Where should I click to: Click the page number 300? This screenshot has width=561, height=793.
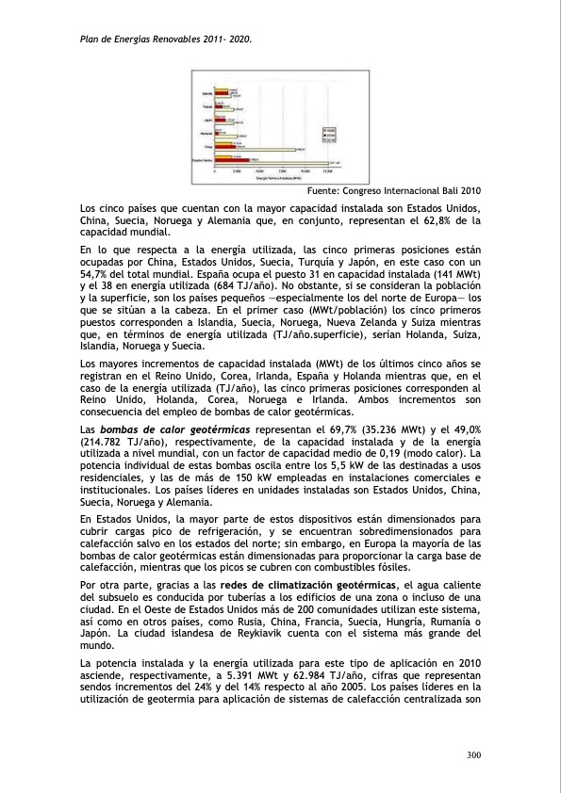pyautogui.click(x=474, y=754)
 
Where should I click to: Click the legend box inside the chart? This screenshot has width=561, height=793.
pyautogui.click(x=329, y=134)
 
